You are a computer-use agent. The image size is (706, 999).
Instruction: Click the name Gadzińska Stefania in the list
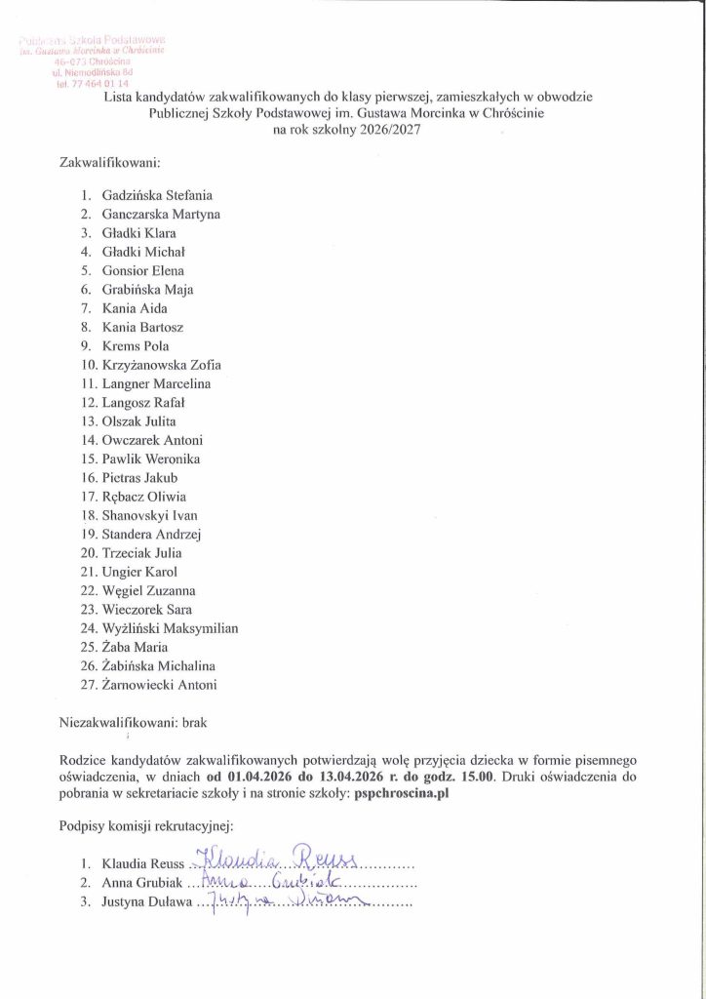pyautogui.click(x=157, y=195)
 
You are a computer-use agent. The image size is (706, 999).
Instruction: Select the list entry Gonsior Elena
pyautogui.click(x=142, y=270)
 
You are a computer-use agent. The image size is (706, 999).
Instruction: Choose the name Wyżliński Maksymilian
pyautogui.click(x=170, y=628)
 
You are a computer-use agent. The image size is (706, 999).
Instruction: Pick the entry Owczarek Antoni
pyautogui.click(x=152, y=440)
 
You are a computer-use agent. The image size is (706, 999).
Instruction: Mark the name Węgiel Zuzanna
pyautogui.click(x=148, y=590)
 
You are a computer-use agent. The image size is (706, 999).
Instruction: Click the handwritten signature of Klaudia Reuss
pyautogui.click(x=278, y=859)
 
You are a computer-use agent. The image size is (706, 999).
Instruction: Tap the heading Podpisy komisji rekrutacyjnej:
pyautogui.click(x=141, y=827)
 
